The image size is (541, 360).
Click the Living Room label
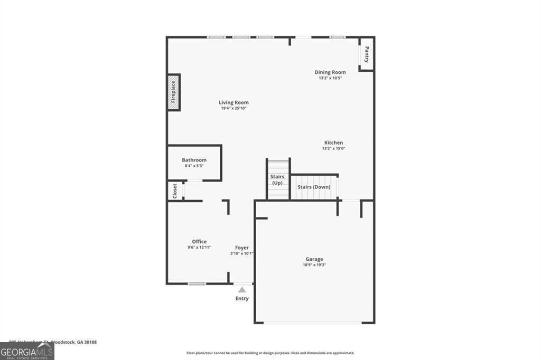(234, 102)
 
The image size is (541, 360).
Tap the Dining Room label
(330, 72)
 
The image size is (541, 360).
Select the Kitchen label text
(333, 143)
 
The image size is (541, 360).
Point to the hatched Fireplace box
(173, 92)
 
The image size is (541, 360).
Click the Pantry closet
(366, 54)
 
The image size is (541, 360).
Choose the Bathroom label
(194, 160)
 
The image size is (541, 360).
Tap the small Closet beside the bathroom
(175, 191)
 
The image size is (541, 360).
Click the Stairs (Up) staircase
(278, 179)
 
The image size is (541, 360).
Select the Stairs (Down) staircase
(314, 187)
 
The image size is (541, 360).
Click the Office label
(199, 242)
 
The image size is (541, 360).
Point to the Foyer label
(241, 248)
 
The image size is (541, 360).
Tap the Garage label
(314, 259)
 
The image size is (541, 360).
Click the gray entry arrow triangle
(242, 289)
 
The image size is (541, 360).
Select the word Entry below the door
(242, 299)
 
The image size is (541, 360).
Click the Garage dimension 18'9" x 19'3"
(314, 265)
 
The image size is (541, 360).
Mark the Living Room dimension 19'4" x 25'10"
(234, 108)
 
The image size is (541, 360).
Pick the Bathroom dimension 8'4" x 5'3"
(194, 166)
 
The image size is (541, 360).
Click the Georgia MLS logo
(27, 352)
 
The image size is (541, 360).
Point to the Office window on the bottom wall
(197, 283)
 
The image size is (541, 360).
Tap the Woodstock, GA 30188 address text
(77, 342)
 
